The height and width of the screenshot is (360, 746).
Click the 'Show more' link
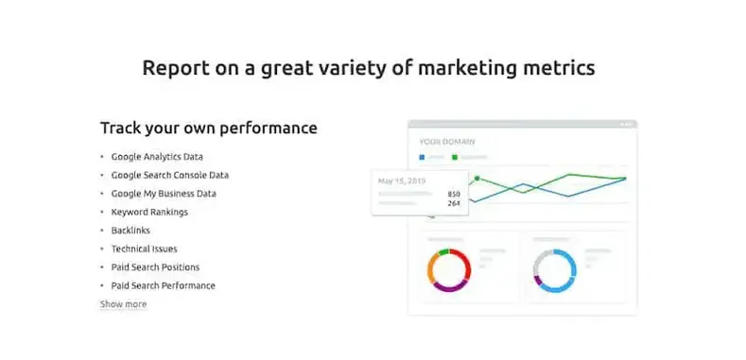[123, 304]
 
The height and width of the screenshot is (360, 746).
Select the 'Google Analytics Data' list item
[157, 157]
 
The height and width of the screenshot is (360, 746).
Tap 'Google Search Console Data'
[169, 175]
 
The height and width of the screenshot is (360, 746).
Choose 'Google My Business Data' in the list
[164, 194]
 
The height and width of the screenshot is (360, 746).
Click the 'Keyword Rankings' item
[149, 212]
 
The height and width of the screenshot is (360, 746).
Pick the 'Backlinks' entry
[130, 231]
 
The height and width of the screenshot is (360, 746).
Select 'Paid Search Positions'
[155, 267]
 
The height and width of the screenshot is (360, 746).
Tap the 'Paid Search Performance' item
[163, 285]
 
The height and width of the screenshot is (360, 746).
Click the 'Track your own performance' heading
[208, 128]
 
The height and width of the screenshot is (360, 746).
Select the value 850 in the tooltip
[454, 193]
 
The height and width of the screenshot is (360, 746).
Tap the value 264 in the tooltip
[454, 202]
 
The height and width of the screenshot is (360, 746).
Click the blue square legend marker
[423, 157]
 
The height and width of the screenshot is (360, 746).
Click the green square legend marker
[455, 157]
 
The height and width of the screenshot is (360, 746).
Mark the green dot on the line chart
[477, 178]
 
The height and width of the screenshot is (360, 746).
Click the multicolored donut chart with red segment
[449, 268]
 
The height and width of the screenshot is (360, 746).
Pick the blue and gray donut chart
[554, 268]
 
